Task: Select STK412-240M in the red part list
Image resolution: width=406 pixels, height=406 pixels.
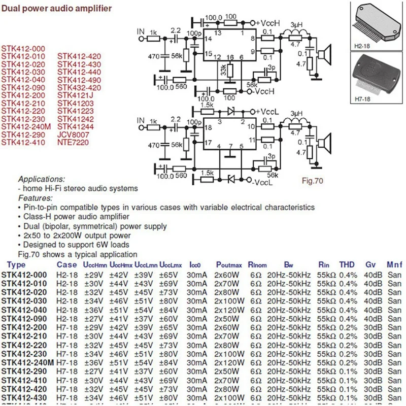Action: [x=26, y=126]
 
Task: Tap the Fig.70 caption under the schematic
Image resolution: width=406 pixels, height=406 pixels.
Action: [x=312, y=180]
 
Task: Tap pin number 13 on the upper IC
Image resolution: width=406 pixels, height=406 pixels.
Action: [x=217, y=33]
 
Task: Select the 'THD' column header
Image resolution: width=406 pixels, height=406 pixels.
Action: [x=347, y=265]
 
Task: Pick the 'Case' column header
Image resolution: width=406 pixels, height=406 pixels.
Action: [x=66, y=265]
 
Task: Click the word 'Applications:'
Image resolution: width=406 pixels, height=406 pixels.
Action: [x=42, y=180]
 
